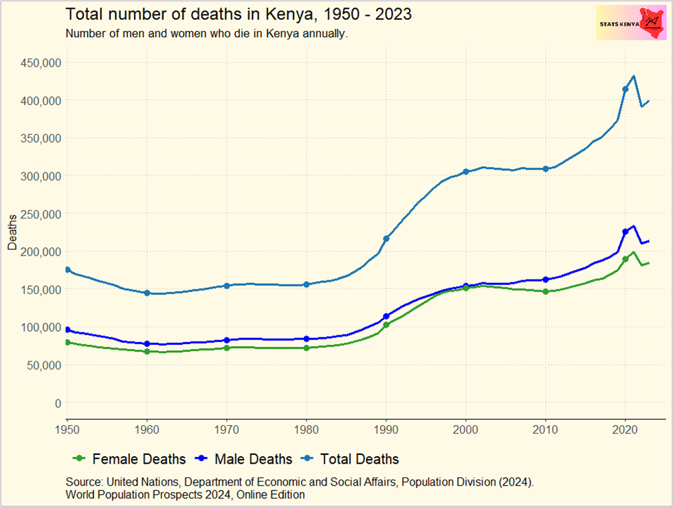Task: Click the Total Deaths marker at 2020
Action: click(625, 89)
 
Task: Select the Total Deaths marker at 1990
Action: click(386, 238)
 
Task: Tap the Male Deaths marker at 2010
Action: click(546, 280)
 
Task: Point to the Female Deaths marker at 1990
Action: click(386, 324)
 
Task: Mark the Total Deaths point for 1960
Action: click(147, 293)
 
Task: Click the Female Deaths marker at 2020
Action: click(625, 259)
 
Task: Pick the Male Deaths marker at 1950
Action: click(67, 330)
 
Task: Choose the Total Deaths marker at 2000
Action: click(466, 172)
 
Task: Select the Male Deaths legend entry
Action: click(245, 459)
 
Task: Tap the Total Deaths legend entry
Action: click(351, 459)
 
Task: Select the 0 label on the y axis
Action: click(58, 403)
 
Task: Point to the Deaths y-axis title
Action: click(12, 232)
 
